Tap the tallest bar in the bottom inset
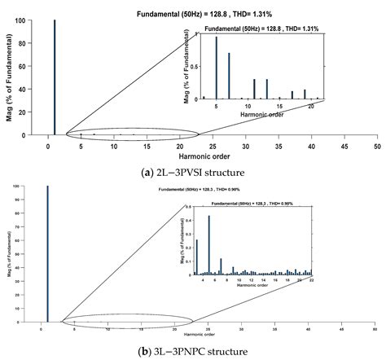pyautogui.click(x=209, y=244)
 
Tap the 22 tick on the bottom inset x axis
pyautogui.click(x=311, y=281)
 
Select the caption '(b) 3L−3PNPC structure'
pyautogui.click(x=193, y=352)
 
